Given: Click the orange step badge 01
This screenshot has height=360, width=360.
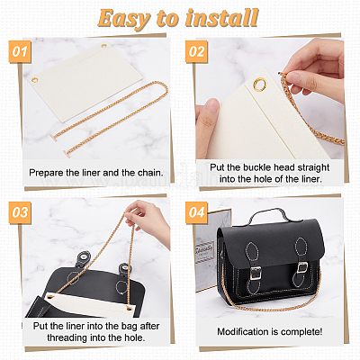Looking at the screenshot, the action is (20, 51).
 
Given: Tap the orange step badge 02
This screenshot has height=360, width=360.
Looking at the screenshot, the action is (196, 51).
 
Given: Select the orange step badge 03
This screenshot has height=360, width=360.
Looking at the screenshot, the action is (20, 212).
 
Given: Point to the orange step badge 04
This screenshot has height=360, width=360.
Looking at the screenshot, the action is (196, 212).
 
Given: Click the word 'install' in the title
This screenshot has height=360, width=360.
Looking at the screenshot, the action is (221, 18).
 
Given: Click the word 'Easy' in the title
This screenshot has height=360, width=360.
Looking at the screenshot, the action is (124, 19).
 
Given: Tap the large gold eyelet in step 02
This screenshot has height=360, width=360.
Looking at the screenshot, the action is (259, 84).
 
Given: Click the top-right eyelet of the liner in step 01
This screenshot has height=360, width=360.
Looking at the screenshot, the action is (103, 47).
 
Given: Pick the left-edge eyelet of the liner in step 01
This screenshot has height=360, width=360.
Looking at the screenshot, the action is (35, 80).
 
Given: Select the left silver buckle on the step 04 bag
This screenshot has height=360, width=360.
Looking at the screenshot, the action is (256, 273).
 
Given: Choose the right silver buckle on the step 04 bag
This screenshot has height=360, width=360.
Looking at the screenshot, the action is (302, 267).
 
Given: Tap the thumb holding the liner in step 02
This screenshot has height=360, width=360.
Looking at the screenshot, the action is (207, 115).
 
